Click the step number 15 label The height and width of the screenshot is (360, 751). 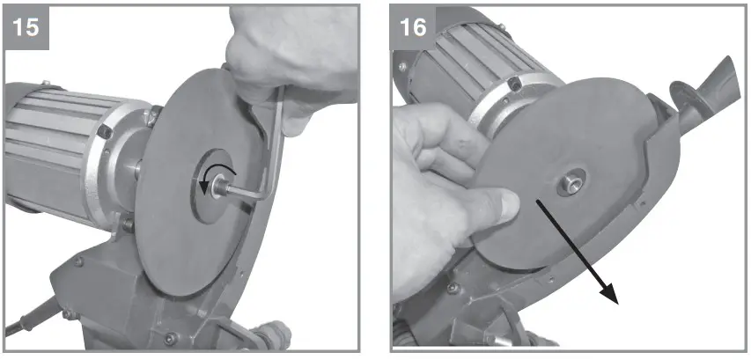pos(27,26)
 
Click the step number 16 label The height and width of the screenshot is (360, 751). pos(414,26)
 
